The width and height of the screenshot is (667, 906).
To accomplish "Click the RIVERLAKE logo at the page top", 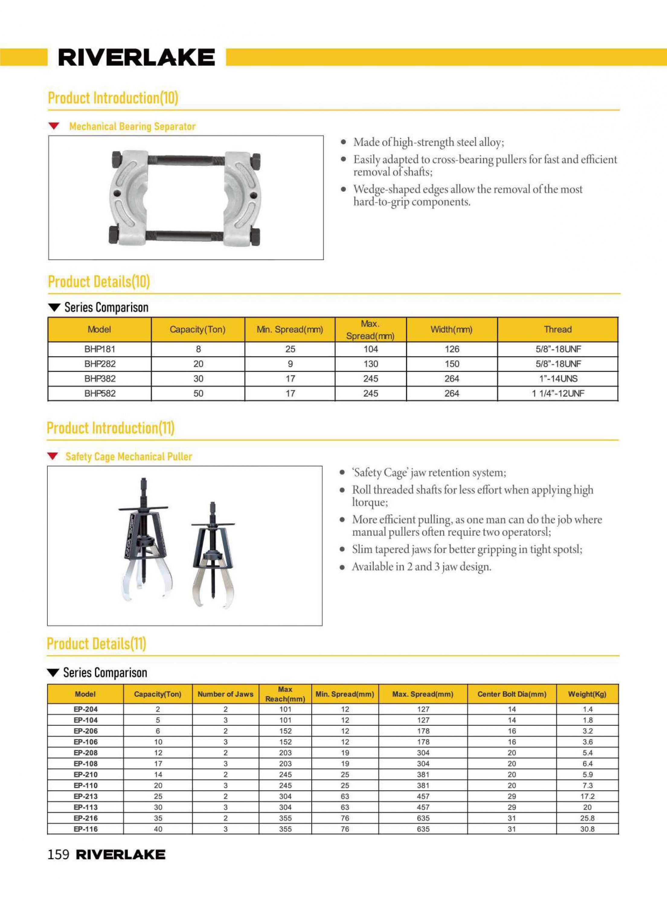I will [136, 57].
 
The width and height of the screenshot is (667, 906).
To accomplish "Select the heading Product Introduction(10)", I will [113, 98].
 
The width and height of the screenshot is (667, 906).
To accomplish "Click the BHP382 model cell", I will [100, 379].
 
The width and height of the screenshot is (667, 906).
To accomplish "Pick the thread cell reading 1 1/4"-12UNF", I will [558, 394].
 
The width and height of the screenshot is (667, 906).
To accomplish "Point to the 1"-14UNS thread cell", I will [558, 379].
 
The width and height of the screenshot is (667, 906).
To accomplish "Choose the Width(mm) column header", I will [451, 329].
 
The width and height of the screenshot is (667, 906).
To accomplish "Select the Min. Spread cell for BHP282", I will [290, 364].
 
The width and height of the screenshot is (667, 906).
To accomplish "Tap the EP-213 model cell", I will [85, 796].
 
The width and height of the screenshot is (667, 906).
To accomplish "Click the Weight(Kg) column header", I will [587, 694].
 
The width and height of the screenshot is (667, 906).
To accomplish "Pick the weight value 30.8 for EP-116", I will [587, 829].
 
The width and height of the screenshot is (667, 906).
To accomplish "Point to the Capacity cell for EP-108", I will [158, 763].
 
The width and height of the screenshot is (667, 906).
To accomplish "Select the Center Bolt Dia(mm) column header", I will [511, 694].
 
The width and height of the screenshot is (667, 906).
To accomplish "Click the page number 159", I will [59, 854].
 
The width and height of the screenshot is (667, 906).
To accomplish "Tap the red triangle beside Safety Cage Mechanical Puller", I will [53, 457].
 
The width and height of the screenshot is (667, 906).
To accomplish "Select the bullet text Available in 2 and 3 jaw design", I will [421, 567].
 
